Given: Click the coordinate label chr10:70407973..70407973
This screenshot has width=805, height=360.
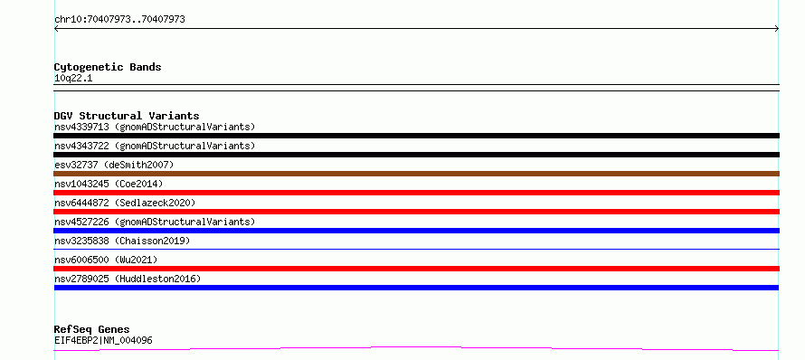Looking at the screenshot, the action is click(119, 20).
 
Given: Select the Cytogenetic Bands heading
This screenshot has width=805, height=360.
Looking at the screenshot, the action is click(108, 67).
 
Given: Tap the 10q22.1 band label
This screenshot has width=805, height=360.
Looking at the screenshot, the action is click(73, 79).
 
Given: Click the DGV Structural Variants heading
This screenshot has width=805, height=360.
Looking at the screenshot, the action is click(127, 116).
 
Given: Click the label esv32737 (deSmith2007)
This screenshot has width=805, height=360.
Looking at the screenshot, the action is click(115, 165).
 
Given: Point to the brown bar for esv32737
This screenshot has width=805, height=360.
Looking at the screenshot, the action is click(416, 174).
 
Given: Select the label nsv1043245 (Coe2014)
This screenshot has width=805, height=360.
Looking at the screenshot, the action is click(109, 184).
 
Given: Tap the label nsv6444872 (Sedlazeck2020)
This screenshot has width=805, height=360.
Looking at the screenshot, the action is click(125, 203).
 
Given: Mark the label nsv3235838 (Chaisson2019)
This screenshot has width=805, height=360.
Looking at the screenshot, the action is click(122, 241).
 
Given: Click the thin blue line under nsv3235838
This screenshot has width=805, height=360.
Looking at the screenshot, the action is click(416, 249).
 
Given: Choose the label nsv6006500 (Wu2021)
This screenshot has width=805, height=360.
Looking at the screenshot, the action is click(106, 260).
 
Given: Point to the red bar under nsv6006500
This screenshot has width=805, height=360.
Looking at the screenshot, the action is click(416, 269).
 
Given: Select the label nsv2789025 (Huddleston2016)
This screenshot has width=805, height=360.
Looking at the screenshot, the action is click(128, 279).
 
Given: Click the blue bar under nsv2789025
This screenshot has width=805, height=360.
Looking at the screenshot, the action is click(416, 288).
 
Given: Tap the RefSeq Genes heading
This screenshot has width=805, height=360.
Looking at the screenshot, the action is click(92, 329).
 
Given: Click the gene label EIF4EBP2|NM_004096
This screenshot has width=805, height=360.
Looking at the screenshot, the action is click(103, 340).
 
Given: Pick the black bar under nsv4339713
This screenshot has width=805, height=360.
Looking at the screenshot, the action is click(416, 136).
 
